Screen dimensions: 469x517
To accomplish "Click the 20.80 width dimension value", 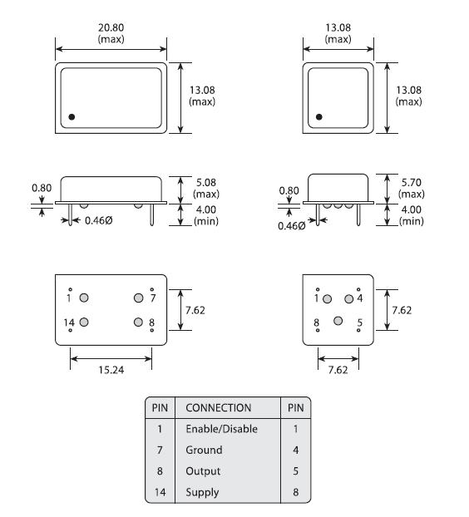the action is click(111, 27).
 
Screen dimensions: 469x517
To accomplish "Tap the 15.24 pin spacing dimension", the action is click(111, 370).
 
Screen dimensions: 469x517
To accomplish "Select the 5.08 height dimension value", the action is click(206, 183).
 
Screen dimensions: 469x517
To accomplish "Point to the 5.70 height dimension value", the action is click(412, 183).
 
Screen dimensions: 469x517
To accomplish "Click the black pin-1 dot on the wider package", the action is click(72, 116).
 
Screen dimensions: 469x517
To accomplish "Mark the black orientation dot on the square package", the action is click(319, 116).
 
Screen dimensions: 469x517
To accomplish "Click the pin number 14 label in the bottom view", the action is click(69, 323).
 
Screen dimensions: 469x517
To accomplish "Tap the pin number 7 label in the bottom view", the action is click(153, 298).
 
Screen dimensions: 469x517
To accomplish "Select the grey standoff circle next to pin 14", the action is click(84, 322).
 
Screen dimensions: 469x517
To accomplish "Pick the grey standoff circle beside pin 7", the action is click(139, 298).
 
